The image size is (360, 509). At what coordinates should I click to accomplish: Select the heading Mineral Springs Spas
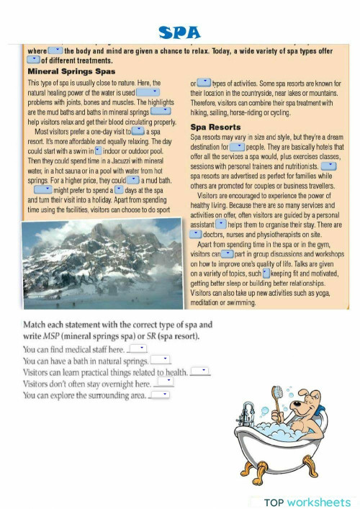(71, 72)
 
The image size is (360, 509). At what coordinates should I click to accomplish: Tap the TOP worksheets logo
(307, 501)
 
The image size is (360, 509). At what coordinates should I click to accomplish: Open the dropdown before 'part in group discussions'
(226, 254)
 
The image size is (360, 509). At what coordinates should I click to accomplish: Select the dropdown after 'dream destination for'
(237, 147)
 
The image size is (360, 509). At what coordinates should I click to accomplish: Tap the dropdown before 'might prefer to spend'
(43, 189)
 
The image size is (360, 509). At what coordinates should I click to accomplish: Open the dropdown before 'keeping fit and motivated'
(266, 274)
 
